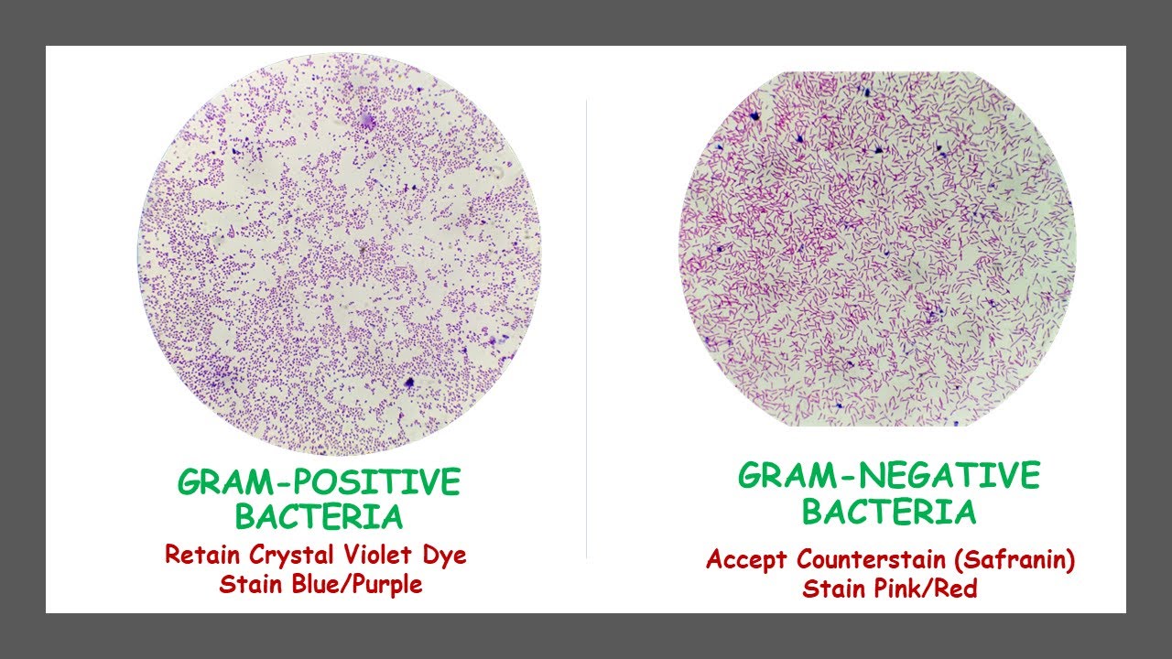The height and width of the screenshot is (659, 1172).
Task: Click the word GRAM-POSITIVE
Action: [x=319, y=482]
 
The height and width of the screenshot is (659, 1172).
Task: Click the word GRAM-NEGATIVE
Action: [x=889, y=476]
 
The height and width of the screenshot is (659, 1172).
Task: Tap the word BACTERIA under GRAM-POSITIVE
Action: [x=319, y=517]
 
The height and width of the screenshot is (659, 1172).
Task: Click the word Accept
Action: [x=747, y=559]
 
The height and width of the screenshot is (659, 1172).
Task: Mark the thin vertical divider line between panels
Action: [x=586, y=329]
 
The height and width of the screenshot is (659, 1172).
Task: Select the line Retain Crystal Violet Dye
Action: [x=316, y=555]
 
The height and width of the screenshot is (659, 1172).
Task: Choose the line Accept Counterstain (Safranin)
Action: [x=889, y=559]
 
